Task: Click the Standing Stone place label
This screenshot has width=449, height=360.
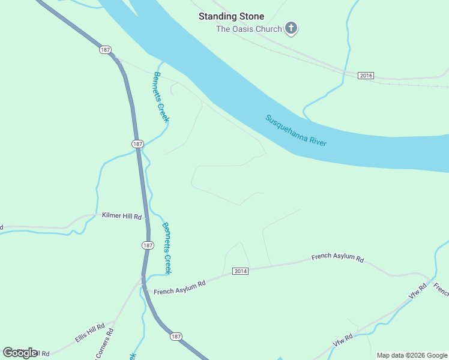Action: coord(231,16)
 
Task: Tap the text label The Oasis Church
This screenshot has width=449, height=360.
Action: coord(249,29)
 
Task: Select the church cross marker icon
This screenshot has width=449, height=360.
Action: coord(291,28)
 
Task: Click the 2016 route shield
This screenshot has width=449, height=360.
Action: coord(366,76)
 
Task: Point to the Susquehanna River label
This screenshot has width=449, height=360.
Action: coord(296,130)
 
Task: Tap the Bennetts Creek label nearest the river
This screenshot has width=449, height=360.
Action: coord(161,97)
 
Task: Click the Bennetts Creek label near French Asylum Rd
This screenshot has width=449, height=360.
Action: coord(167,248)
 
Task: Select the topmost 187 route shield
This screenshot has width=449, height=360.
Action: coord(106,50)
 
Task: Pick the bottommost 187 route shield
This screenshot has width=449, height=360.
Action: coord(175,337)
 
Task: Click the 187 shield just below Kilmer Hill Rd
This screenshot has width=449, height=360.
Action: coord(148,245)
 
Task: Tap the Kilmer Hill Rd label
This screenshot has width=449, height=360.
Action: coord(121,215)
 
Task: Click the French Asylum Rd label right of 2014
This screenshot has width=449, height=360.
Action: coord(337,259)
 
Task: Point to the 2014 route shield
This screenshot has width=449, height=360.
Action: coord(240,271)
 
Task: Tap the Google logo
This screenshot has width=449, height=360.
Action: coord(20,352)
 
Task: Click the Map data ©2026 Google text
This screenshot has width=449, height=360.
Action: coord(412,355)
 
